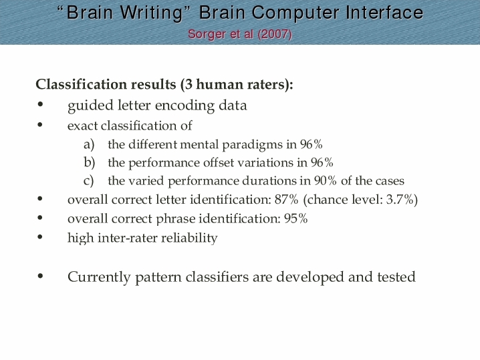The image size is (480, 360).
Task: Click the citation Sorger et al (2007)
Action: coord(240,34)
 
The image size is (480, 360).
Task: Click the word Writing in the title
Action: coord(151,13)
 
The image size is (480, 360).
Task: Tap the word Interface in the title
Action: coord(384,13)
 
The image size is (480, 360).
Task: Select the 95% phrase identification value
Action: coord(295,218)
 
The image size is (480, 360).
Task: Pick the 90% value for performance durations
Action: coord(325,181)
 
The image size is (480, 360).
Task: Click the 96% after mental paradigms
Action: coord(311,144)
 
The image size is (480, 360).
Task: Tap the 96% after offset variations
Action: coord(322,162)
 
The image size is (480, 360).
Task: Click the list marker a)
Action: coord(89,144)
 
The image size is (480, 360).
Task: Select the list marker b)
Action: coord(90,162)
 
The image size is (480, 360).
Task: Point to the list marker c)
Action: coord(88,181)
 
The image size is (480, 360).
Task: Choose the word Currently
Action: coord(99,277)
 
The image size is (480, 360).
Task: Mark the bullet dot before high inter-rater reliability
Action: coord(40,237)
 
